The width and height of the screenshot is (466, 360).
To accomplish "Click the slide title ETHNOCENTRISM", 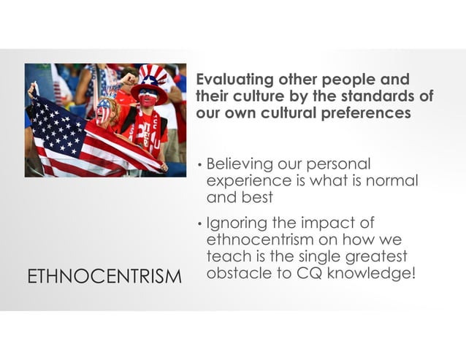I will pos(104,276).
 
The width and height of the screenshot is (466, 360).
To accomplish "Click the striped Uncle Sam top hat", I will pos(153,77).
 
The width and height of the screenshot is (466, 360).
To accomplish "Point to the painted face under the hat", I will pos(149,97).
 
